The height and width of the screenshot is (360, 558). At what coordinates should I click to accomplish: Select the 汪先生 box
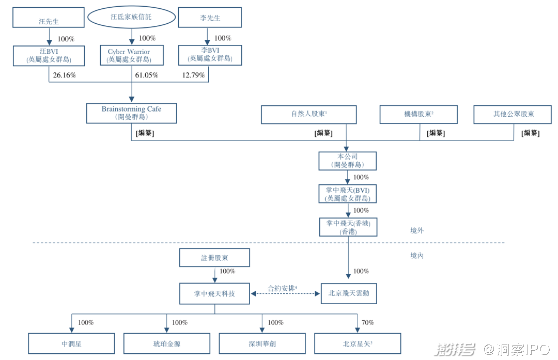49,18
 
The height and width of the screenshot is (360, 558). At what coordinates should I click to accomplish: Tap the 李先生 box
210,18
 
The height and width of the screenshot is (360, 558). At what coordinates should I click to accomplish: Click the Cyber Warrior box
132,55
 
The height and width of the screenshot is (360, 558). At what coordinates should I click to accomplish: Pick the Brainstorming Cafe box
131,113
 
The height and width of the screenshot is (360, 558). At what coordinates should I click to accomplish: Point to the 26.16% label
65,75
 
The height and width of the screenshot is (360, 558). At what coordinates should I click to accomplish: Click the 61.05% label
146,75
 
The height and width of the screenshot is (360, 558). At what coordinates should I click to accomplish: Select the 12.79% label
193,75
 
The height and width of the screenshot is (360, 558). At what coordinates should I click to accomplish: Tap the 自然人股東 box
308,115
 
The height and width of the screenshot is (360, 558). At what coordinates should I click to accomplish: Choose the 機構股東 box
419,115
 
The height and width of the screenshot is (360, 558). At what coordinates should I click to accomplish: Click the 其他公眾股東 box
513,115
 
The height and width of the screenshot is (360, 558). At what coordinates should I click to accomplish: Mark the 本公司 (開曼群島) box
347,161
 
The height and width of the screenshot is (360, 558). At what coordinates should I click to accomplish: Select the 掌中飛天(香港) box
348,227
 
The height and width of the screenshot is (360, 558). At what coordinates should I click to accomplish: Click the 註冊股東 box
214,258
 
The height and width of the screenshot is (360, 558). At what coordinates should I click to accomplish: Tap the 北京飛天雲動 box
349,293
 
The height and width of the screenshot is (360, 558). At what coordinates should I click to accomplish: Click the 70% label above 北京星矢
367,323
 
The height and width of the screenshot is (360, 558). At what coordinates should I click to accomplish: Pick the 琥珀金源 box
166,343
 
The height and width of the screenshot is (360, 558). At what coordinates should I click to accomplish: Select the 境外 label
416,231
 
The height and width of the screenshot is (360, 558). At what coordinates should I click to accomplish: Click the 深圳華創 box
262,343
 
